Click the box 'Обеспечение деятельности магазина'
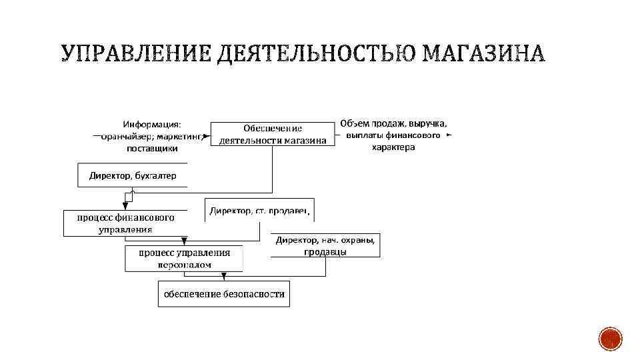coord(273,134)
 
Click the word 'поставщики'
coord(152,148)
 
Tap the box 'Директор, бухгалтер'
coord(133,176)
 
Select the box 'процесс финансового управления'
coord(125,223)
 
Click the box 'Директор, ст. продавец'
coord(259,211)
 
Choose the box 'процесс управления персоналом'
coord(185,258)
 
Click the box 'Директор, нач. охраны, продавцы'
coord(325,245)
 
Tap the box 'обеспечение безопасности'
coord(224,294)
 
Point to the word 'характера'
coord(393,147)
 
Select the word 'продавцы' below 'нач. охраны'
coord(325,251)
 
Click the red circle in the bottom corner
coord(610,339)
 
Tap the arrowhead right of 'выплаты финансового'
coord(449,135)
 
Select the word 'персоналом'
coord(185,264)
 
